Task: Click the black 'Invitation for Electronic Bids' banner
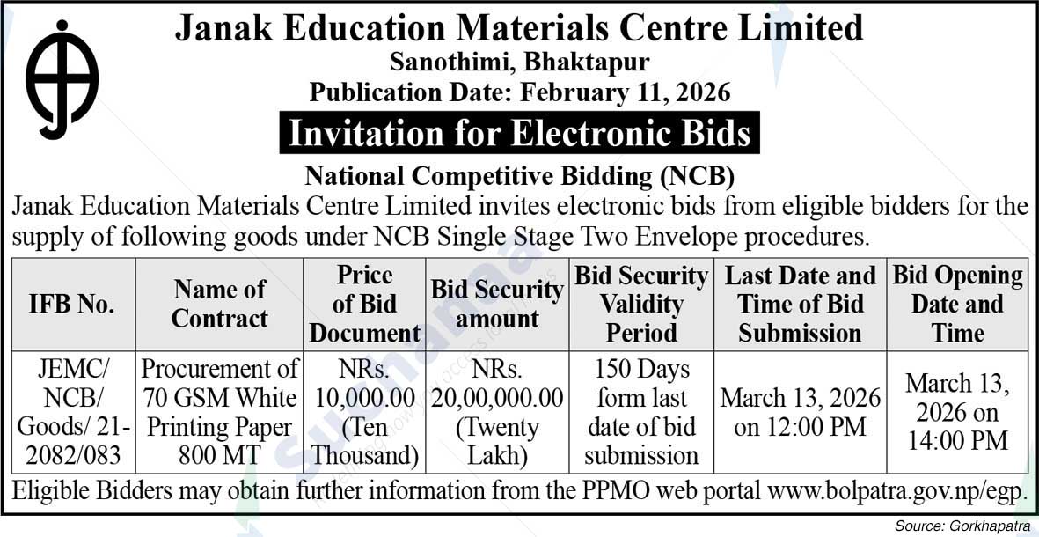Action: [519, 133]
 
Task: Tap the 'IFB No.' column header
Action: [72, 305]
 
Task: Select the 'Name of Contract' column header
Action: [219, 304]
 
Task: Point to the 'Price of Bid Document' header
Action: [364, 304]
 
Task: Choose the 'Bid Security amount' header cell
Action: [497, 304]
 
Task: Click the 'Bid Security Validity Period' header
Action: [641, 304]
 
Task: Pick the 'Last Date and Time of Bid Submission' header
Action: [800, 304]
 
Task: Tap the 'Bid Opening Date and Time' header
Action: [958, 304]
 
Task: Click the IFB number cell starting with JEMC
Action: [72, 412]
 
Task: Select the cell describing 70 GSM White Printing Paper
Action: [219, 412]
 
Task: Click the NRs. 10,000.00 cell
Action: [364, 412]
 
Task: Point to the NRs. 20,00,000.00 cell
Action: [497, 412]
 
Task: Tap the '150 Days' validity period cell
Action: [641, 412]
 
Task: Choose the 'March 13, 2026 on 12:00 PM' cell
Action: [800, 412]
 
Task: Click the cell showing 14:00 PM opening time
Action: [958, 412]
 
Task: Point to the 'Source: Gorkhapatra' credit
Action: [962, 526]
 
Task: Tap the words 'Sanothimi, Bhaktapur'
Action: [519, 63]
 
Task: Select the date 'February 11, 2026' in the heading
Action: [626, 91]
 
